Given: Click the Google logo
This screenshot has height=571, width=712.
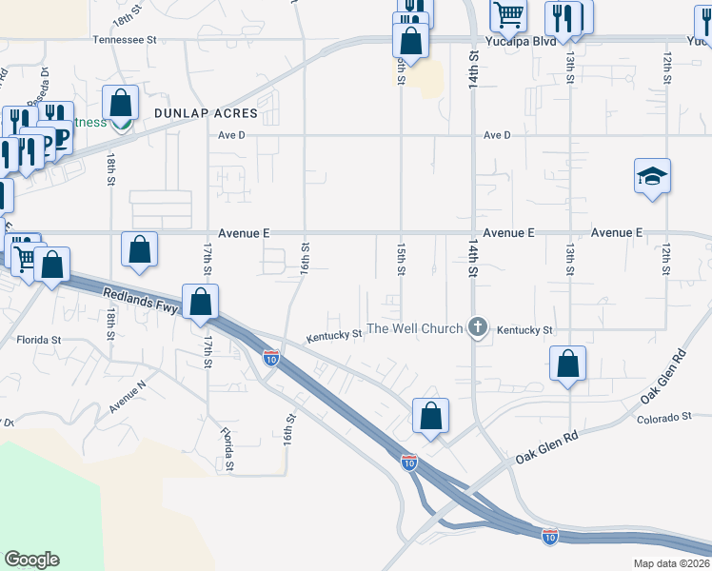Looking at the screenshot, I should pyautogui.click(x=31, y=560).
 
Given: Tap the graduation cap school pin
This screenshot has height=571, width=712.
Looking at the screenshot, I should pyautogui.click(x=653, y=176).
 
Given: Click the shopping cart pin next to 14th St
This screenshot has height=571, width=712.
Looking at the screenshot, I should pyautogui.click(x=508, y=14).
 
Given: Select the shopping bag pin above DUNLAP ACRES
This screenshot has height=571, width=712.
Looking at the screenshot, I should pyautogui.click(x=121, y=101).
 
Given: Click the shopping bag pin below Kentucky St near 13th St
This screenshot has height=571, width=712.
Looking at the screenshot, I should pyautogui.click(x=567, y=364).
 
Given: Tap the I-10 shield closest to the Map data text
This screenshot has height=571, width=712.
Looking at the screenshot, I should pyautogui.click(x=549, y=536).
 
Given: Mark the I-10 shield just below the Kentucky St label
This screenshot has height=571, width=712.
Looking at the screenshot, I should pyautogui.click(x=271, y=359).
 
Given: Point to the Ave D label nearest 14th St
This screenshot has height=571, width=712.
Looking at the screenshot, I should pyautogui.click(x=497, y=135).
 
